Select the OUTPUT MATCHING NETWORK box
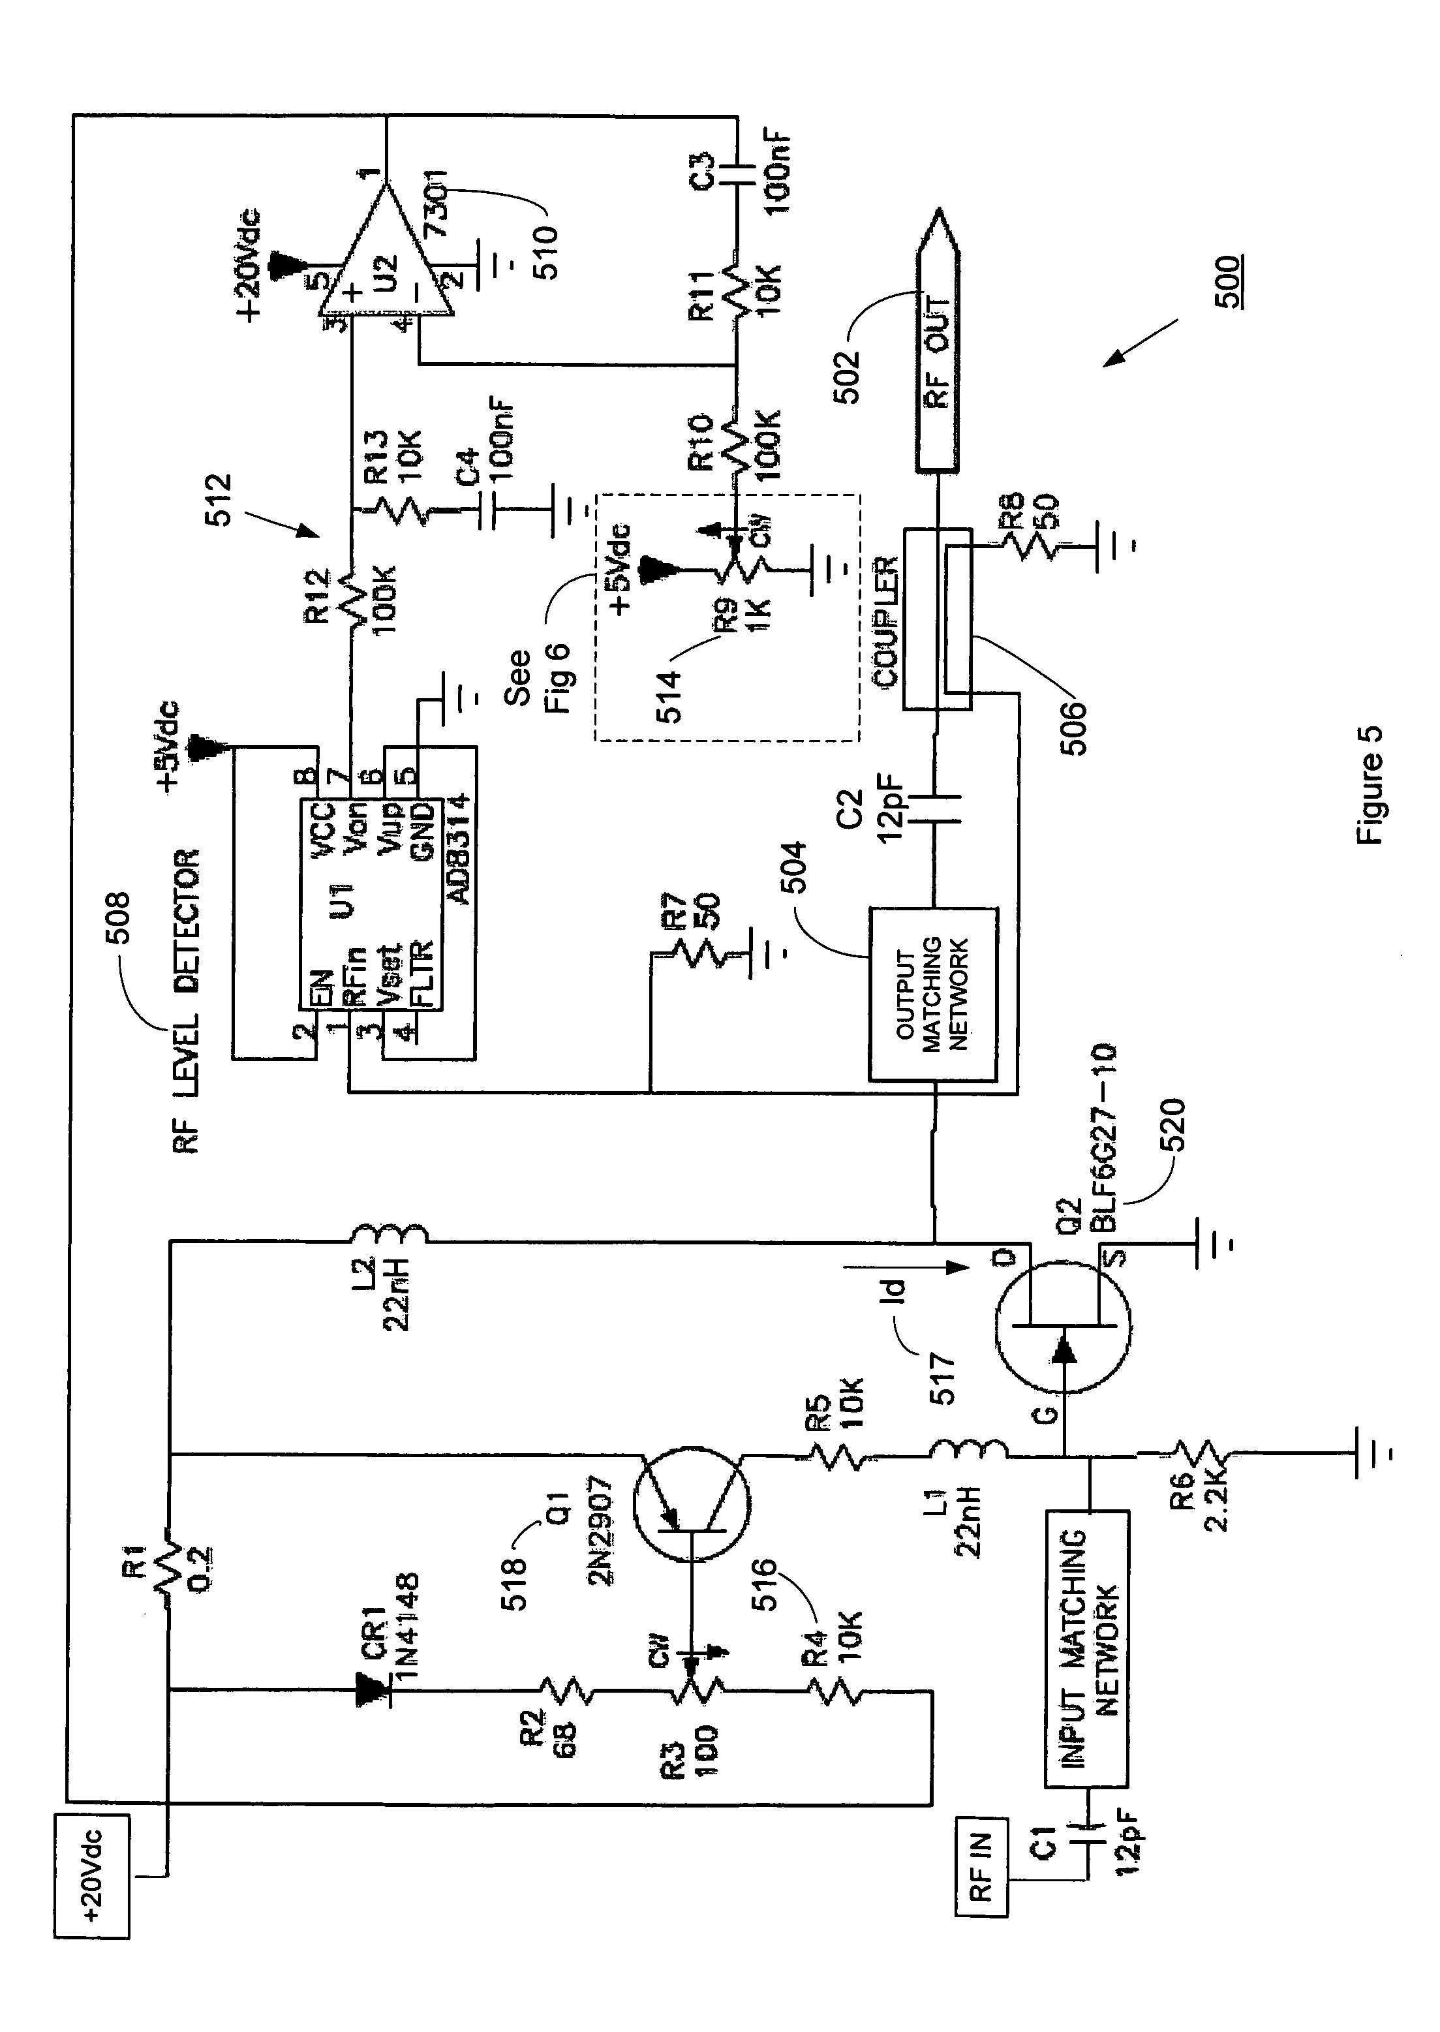[x=933, y=994]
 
